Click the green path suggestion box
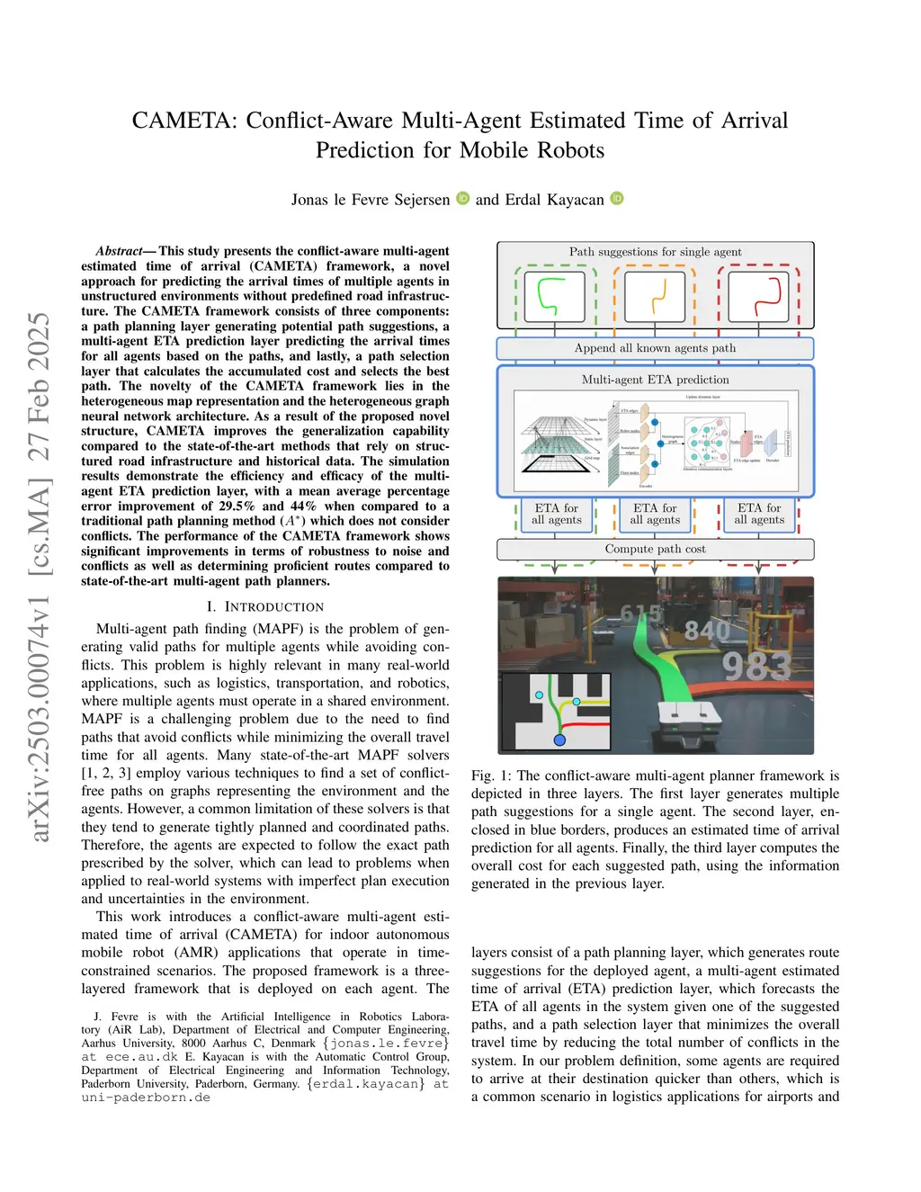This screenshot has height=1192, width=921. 555,296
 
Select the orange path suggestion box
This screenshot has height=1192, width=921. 654,296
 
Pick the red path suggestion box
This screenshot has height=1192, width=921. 758,296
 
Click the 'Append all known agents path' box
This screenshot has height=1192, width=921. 655,348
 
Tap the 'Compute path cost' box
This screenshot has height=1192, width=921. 655,549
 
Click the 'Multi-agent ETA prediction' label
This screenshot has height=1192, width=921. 655,380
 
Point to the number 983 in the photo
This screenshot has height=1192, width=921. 756,667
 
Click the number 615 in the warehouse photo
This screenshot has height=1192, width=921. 641,614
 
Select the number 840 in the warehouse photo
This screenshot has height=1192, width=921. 707,631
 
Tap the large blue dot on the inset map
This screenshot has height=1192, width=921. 559,739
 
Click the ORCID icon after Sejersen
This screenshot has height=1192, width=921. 462,198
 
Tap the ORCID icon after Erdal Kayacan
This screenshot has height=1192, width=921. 617,198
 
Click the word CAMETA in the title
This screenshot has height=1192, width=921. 185,121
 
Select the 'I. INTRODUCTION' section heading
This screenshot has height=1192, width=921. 265,607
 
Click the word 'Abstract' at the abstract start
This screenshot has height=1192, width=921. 119,251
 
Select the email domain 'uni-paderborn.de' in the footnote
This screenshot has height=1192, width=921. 146,1098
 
